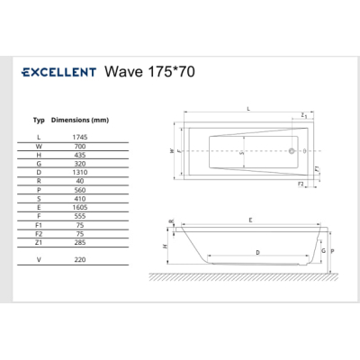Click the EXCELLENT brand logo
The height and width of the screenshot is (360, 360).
(59, 72)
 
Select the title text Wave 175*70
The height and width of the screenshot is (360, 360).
(149, 72)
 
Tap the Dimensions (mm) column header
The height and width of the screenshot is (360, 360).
(80, 120)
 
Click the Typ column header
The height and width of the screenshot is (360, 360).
(39, 121)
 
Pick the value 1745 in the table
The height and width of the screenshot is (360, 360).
(80, 137)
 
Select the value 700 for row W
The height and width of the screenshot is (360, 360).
(80, 147)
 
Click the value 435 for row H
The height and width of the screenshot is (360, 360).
(80, 155)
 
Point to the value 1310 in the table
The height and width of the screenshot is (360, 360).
(80, 173)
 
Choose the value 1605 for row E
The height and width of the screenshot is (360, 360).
(80, 207)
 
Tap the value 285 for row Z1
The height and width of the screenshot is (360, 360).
(80, 242)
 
